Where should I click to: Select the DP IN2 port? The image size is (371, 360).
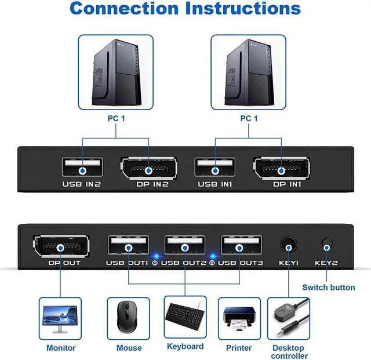[x=148, y=170]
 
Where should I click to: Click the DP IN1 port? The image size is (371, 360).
[x=281, y=170]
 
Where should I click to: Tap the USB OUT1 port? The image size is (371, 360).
[x=128, y=246]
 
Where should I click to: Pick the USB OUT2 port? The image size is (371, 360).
[x=185, y=246]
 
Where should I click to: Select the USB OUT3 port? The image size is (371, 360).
[x=241, y=246]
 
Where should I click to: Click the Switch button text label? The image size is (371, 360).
[x=329, y=287]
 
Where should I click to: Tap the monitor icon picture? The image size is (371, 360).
[x=61, y=318]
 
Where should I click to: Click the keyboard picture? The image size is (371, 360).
[x=185, y=317]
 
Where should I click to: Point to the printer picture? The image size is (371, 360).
[x=239, y=318]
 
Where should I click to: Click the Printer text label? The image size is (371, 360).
[x=239, y=348]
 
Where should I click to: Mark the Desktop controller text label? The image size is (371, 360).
[x=289, y=351]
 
